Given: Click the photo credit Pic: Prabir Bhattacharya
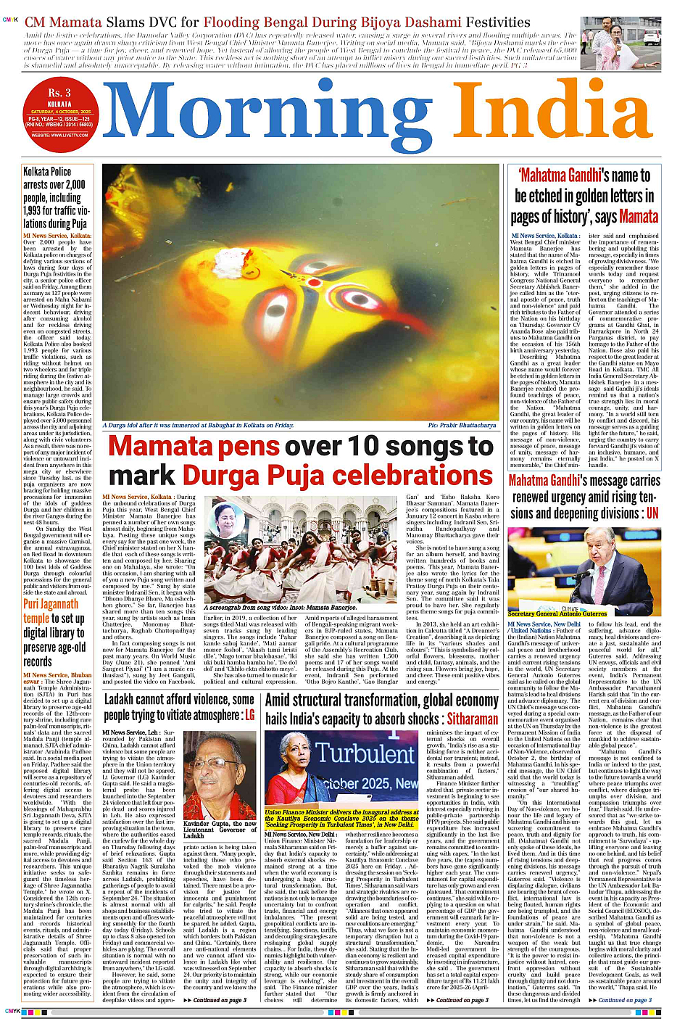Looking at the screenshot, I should tap(462, 426).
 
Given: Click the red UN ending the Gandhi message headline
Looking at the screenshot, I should tap(652, 513).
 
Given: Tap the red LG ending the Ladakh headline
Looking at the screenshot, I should tap(249, 715).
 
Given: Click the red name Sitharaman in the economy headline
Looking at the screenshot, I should tap(472, 719).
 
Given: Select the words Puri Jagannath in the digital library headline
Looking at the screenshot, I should tap(51, 604).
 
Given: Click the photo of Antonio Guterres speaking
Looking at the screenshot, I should tap(584, 571).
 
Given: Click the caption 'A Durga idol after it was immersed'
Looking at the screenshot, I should tap(198, 426).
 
